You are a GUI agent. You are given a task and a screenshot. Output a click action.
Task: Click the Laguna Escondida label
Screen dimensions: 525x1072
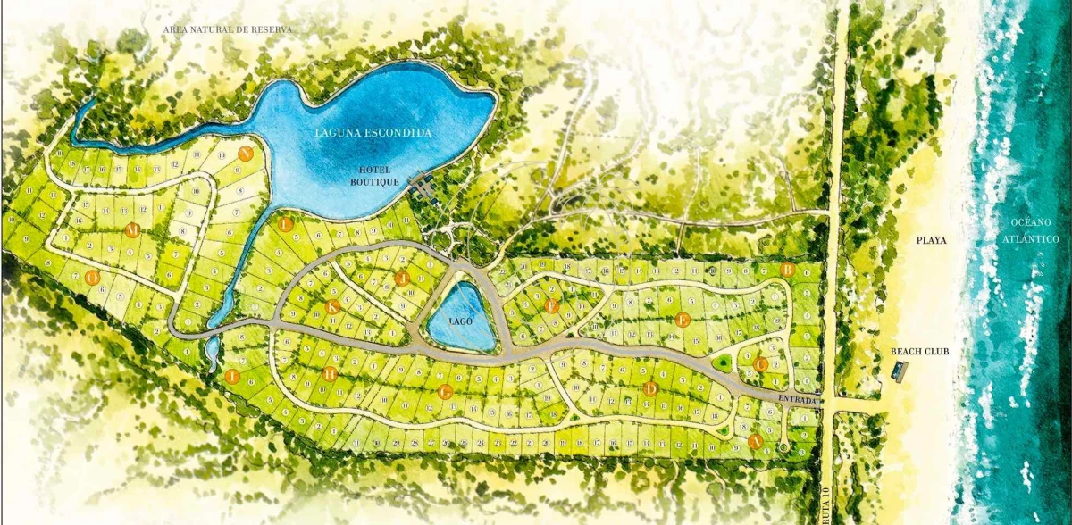point(373,133)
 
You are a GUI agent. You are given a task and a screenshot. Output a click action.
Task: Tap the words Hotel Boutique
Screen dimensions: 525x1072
point(373,176)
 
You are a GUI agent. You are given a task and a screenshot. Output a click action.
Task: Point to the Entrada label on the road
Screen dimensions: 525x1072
point(798,401)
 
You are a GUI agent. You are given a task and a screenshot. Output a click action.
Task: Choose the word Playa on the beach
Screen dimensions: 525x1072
point(930,240)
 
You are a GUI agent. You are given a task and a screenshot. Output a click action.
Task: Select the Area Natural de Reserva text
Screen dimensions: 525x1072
point(227,29)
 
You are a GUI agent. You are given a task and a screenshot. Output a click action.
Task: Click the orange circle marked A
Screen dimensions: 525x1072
point(755,441)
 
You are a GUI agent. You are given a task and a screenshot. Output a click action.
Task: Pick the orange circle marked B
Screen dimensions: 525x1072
point(787,269)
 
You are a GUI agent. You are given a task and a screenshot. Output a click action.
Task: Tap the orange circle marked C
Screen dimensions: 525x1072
point(760,364)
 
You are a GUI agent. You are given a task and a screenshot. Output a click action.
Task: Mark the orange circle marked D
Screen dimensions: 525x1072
point(650,388)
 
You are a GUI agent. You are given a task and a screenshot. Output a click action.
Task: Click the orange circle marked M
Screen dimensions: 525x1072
point(132,230)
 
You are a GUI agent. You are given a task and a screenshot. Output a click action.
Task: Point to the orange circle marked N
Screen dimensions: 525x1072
point(245,153)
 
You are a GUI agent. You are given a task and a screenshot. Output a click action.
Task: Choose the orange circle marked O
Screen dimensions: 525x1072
point(91,278)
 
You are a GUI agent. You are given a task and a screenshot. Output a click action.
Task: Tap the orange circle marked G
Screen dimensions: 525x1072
point(445,391)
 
